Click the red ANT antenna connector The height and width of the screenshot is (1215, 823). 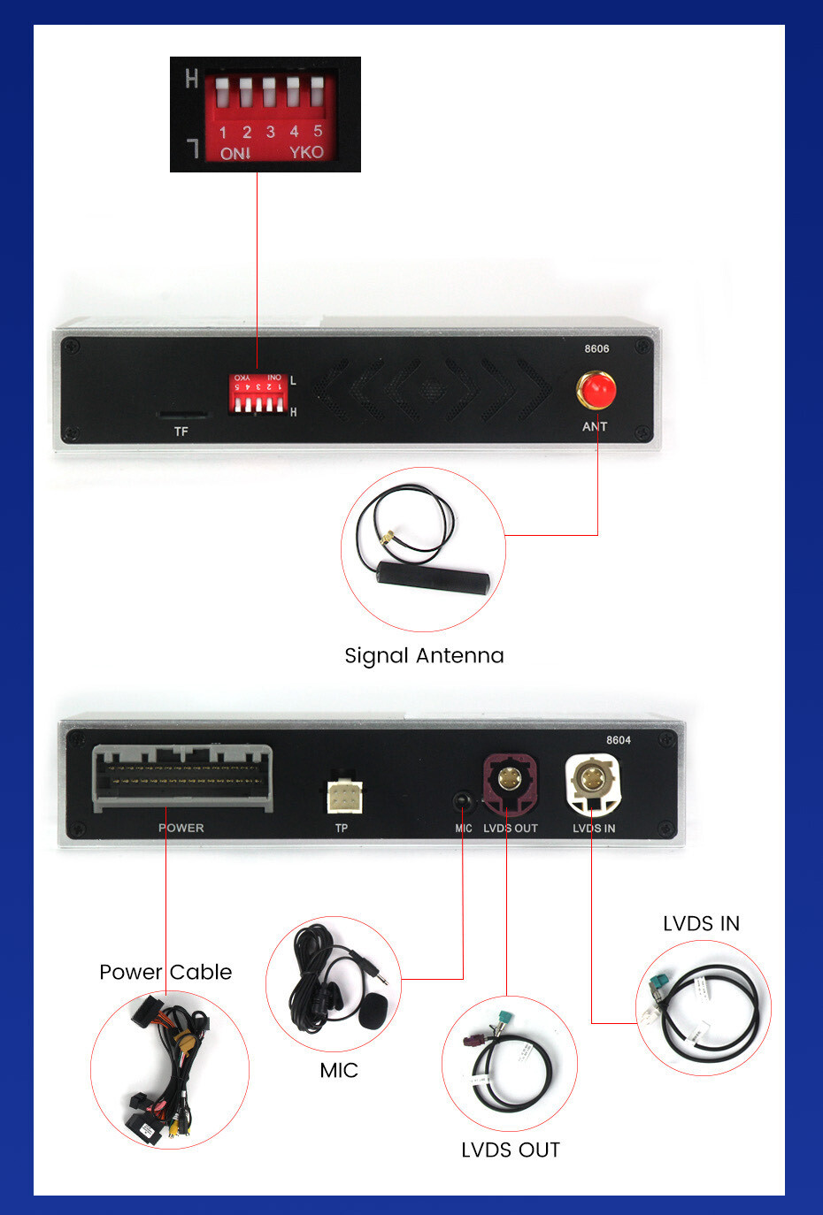tap(596, 390)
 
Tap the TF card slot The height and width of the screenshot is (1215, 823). tap(181, 414)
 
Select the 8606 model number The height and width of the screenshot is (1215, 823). tap(596, 348)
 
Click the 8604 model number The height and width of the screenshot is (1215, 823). tap(619, 740)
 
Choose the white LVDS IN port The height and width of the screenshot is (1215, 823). tap(590, 781)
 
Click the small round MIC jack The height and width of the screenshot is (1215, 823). tap(462, 801)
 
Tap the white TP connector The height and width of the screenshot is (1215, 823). tap(343, 796)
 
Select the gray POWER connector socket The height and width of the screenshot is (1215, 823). tap(182, 777)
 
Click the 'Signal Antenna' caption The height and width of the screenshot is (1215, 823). tap(424, 655)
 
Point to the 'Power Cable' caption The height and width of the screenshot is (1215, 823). tap(165, 972)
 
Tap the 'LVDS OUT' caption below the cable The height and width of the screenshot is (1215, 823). tap(511, 1150)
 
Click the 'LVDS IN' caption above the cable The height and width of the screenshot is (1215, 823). tap(701, 923)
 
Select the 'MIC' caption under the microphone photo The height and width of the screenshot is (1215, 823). tap(339, 1070)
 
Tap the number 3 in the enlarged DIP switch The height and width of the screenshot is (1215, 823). tap(270, 133)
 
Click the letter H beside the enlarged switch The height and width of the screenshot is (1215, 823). tap(192, 80)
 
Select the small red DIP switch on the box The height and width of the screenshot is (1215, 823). tap(258, 393)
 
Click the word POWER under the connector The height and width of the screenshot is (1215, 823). tap(181, 828)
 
